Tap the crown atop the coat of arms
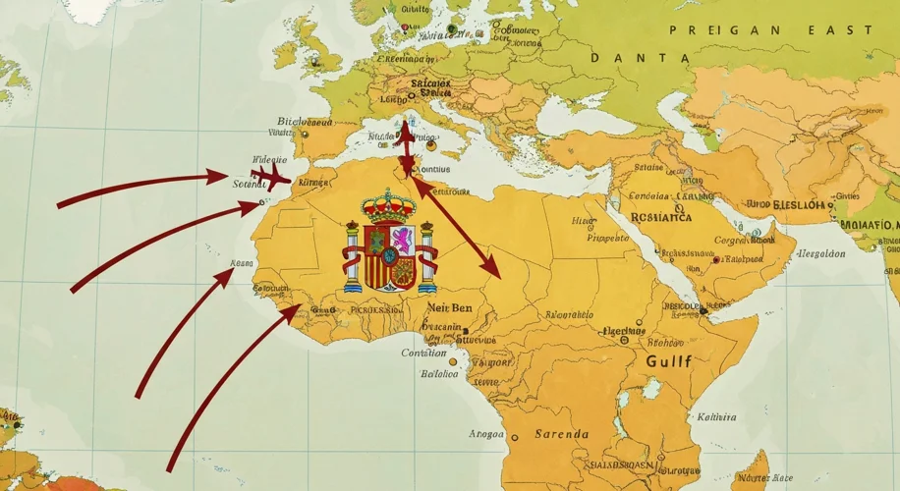(389, 206)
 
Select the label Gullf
(669, 361)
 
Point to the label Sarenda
(561, 434)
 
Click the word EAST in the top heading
(840, 30)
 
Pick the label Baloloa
(439, 374)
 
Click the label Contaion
(423, 354)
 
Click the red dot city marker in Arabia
(716, 260)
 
